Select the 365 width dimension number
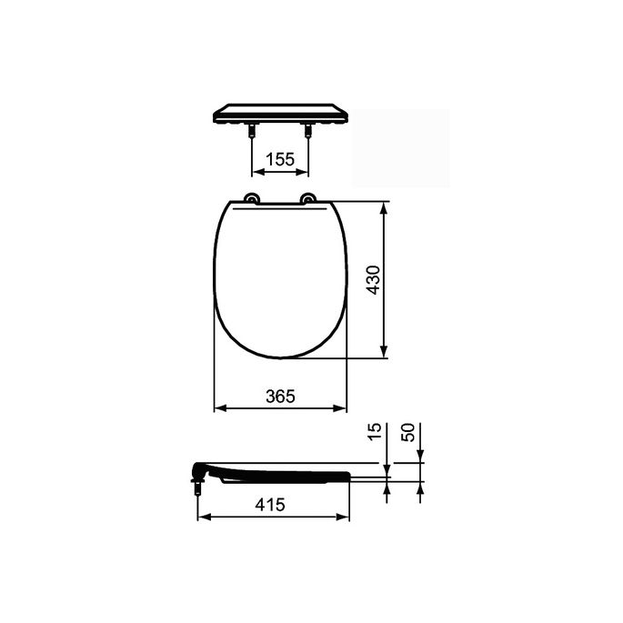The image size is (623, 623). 280,397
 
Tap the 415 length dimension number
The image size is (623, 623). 271,504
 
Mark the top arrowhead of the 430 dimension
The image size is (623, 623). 386,208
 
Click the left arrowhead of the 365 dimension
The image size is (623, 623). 218,408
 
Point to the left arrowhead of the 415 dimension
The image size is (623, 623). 202,516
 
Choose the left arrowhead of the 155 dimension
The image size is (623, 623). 256,172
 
